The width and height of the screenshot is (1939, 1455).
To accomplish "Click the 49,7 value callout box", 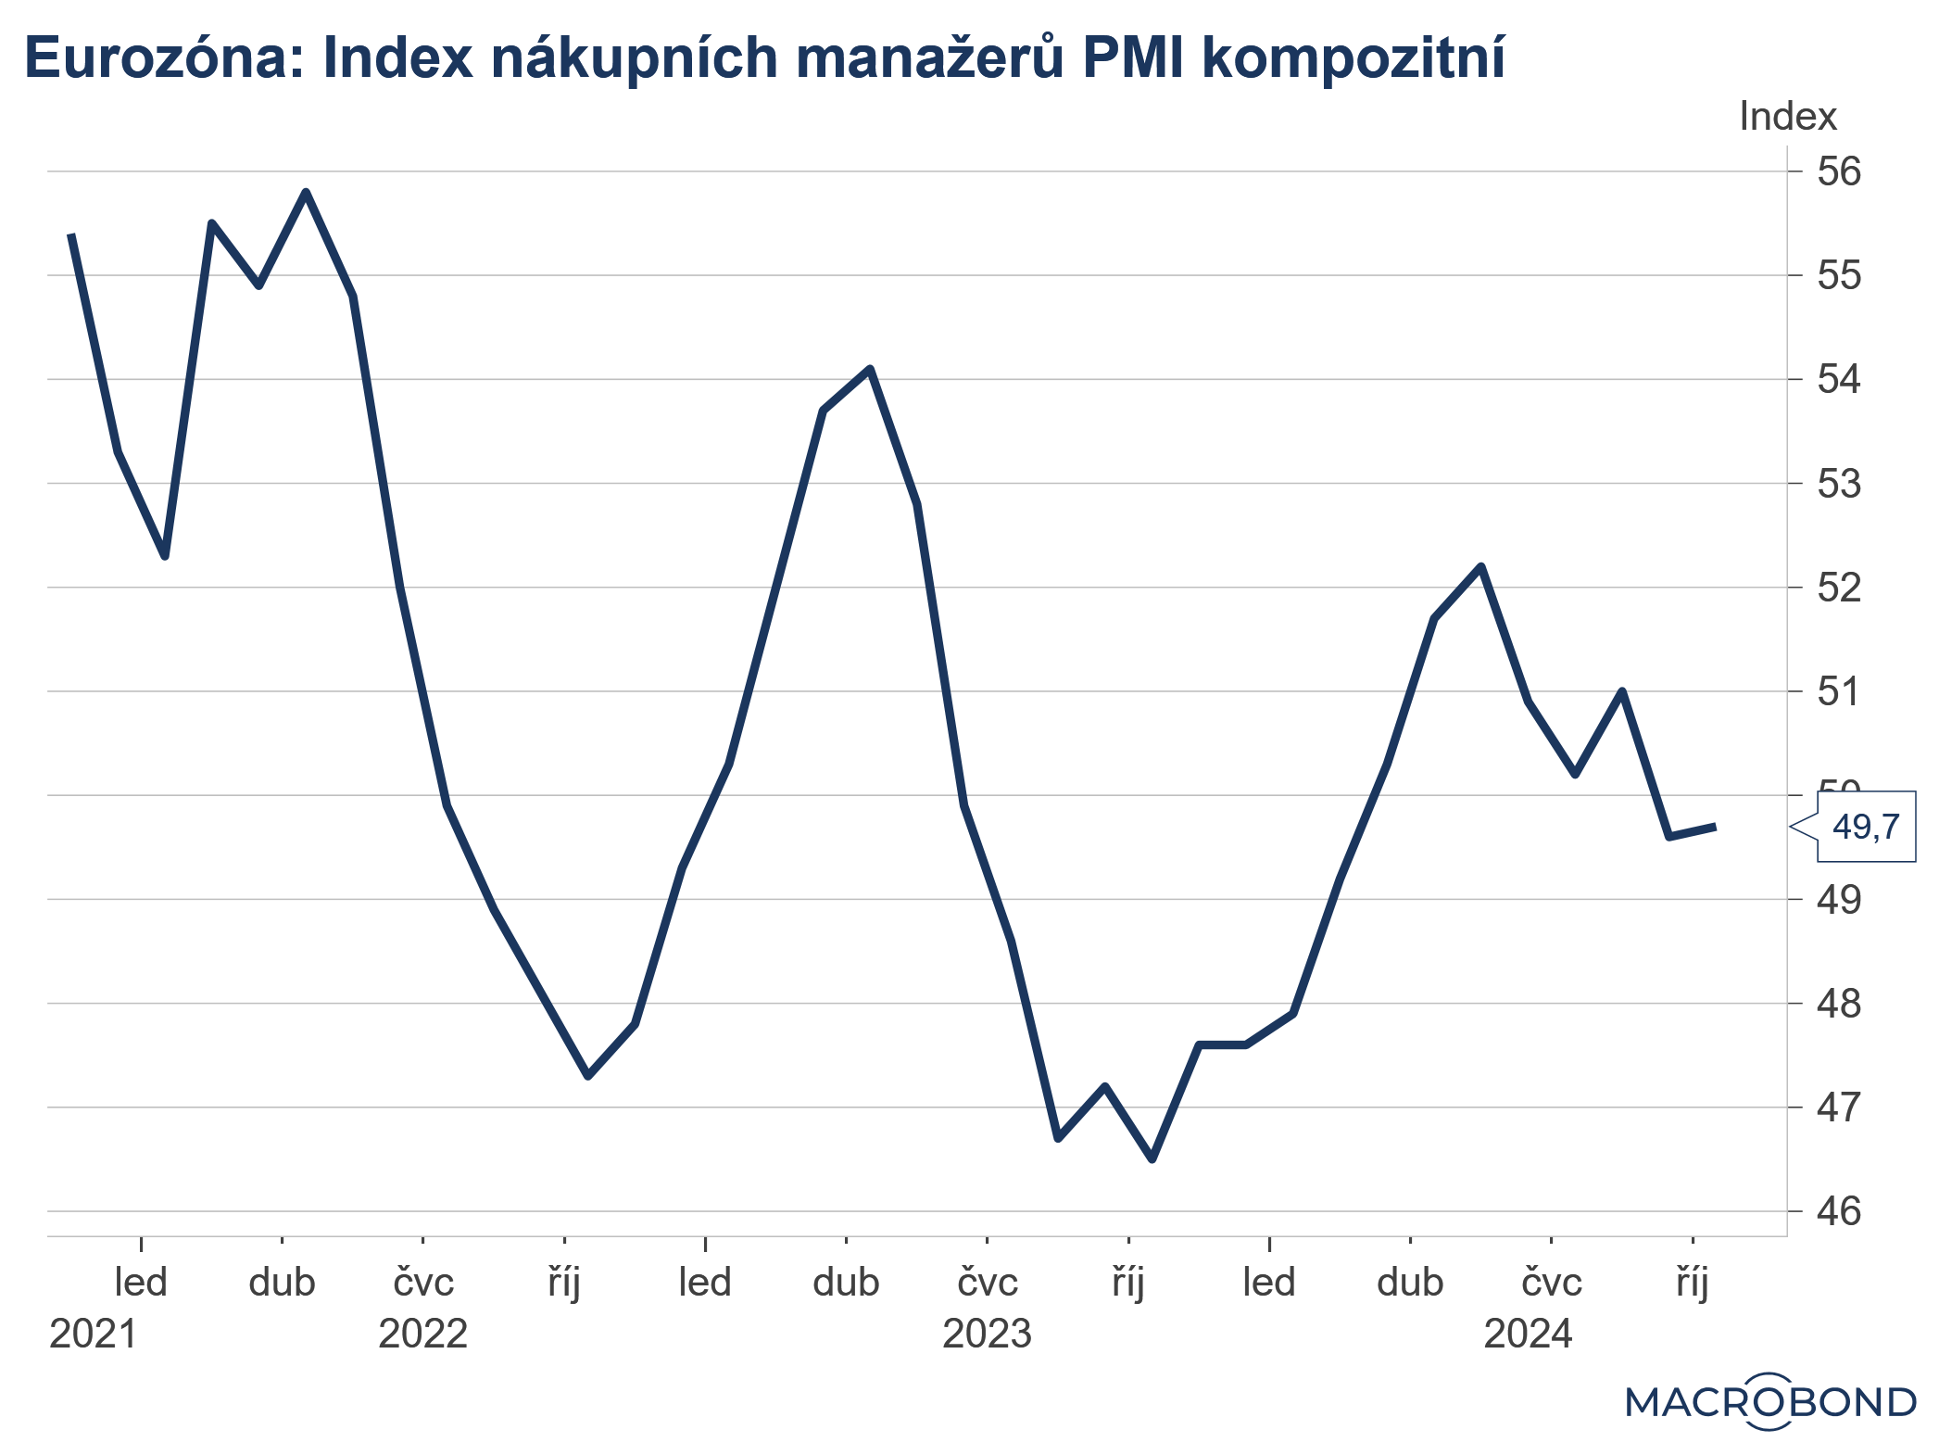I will point(1865,826).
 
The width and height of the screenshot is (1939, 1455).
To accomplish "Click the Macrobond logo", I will point(1770,1401).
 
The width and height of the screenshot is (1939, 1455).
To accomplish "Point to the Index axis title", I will point(1787,117).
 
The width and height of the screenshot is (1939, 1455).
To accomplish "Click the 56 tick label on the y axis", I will point(1838,171).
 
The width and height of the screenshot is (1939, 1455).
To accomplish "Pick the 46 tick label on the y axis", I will point(1838,1211).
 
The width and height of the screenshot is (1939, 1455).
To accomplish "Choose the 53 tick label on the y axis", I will point(1838,484).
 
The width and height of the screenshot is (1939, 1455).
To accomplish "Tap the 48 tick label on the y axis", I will point(1838,1004).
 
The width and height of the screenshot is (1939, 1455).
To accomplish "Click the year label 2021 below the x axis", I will point(93,1334).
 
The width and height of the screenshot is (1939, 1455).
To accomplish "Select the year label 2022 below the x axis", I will point(422,1334).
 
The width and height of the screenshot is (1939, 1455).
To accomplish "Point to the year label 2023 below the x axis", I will point(987,1334).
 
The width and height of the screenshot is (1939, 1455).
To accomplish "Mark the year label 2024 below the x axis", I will point(1528,1334).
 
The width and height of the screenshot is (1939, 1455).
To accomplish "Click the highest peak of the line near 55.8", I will point(306,192).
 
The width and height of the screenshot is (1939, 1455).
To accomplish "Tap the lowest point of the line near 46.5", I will point(1152,1158).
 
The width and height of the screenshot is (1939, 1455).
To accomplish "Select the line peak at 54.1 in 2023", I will point(870,369).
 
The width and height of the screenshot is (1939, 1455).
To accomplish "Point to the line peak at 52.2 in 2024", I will point(1480,566).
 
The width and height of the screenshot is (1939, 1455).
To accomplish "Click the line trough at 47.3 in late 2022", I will point(587,1076).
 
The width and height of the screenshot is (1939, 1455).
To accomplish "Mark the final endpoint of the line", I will point(1715,827).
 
